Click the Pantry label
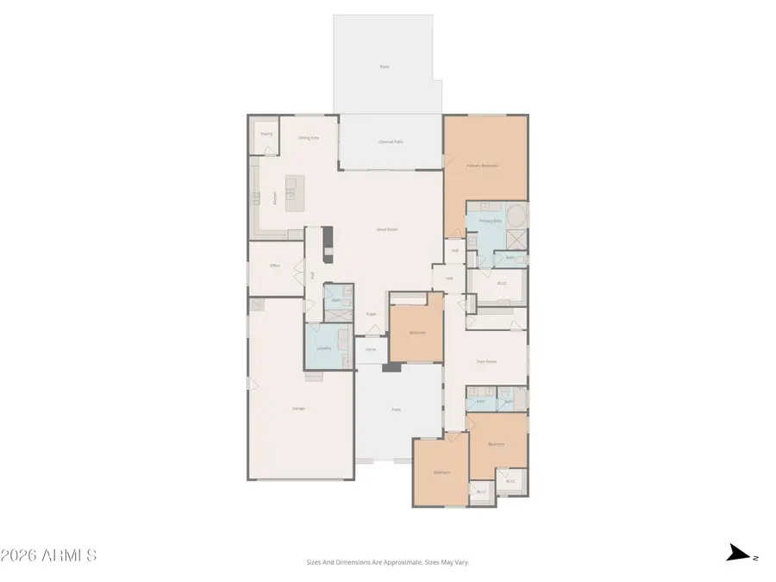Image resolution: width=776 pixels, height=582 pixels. [267, 135]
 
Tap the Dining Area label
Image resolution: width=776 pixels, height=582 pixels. [309, 138]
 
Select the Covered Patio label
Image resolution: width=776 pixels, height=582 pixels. [391, 141]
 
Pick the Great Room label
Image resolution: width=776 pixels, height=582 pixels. [386, 229]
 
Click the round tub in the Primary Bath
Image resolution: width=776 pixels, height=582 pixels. [516, 215]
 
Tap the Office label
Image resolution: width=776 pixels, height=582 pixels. [275, 266]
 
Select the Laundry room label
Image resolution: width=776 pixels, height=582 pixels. [323, 348]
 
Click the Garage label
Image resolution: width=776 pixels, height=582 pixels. [299, 409]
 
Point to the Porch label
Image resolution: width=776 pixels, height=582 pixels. [371, 350]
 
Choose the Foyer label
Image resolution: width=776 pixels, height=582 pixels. [371, 315]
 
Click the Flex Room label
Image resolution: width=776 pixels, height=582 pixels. [486, 362]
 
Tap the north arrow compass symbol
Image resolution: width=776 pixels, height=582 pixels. [738, 554]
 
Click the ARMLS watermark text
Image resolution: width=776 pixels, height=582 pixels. [49, 555]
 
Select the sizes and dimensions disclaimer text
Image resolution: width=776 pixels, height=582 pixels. [387, 562]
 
